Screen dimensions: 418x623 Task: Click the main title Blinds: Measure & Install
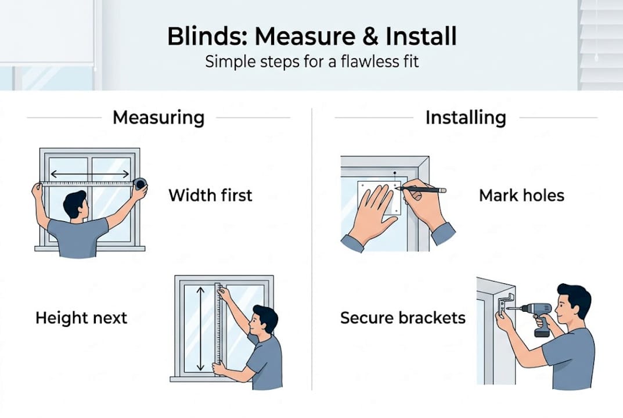pos(311,36)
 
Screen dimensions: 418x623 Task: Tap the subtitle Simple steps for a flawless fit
pos(311,61)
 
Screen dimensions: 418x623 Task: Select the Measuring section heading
pos(159,117)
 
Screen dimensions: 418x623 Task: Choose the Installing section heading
pos(466,117)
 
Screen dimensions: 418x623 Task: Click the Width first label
pos(210,195)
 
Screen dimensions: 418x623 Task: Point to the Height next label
pos(81,318)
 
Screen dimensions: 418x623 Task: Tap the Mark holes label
pos(521,195)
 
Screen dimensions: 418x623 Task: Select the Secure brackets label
pos(403,318)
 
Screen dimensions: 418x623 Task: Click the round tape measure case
pos(140,183)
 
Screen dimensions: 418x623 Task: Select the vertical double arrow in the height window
pos(200,328)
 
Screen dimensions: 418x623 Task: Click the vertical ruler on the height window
pos(218,328)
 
